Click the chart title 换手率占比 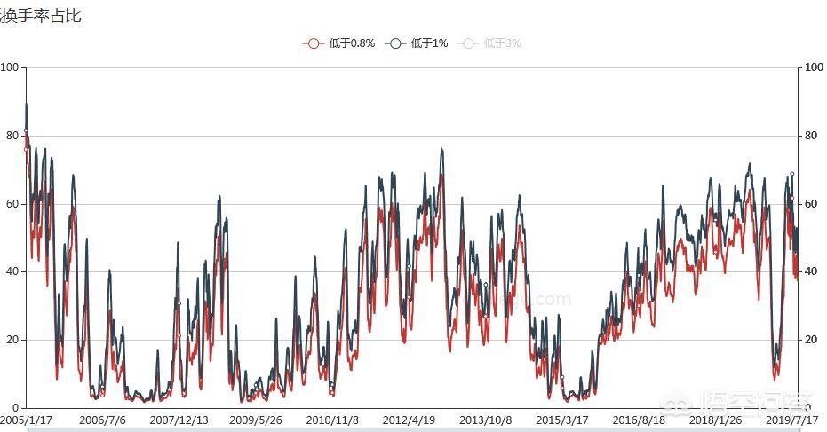tap(41, 15)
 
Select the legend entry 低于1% tap(418, 43)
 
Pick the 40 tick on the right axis tap(810, 272)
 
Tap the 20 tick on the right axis tap(810, 341)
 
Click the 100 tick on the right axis tap(812, 68)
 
